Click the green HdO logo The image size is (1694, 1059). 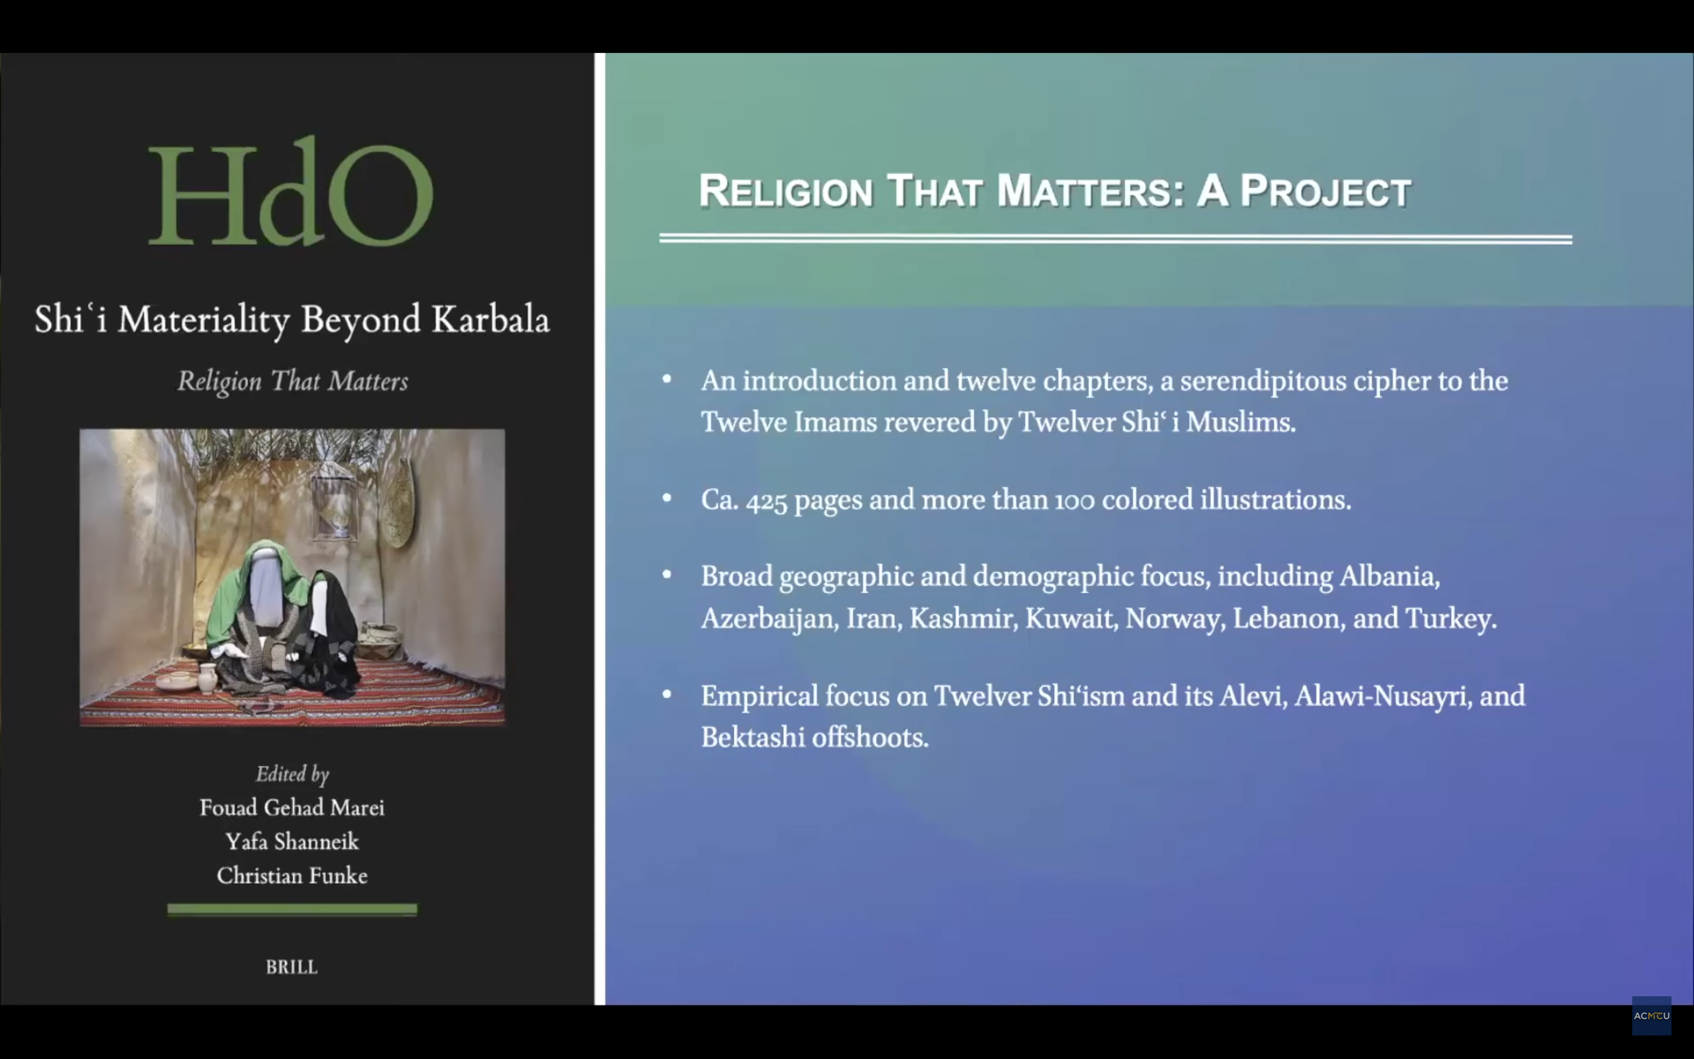pos(291,191)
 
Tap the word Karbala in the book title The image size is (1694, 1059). pos(491,319)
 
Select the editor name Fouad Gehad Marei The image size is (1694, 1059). pos(292,807)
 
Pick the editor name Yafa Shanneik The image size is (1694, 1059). pos(292,841)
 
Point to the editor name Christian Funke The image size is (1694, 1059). pos(292,876)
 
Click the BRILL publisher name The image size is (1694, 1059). pos(292,967)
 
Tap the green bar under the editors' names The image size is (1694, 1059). pos(292,909)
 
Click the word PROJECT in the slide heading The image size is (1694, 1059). pos(1325,191)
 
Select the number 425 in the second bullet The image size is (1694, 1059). pos(767,501)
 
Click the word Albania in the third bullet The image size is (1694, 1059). pos(1390,577)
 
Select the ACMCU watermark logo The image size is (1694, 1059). pos(1651,1015)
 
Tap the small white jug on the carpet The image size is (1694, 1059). pos(207,678)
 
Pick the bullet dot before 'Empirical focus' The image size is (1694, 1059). pos(667,694)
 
